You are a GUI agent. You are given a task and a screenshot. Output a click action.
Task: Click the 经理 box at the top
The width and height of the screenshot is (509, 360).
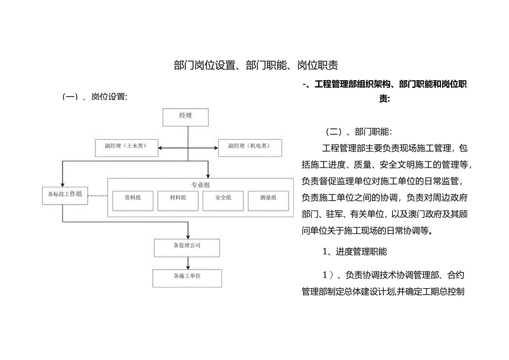(x=185, y=116)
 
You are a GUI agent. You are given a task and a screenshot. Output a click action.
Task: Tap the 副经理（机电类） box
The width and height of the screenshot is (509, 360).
(x=250, y=147)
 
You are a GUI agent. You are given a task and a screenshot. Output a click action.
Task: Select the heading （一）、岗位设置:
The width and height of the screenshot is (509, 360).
(x=96, y=97)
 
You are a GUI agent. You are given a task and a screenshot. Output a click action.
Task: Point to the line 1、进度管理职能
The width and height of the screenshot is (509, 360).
(x=355, y=252)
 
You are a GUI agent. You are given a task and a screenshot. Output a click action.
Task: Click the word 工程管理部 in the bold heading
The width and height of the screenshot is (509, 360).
(x=335, y=85)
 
